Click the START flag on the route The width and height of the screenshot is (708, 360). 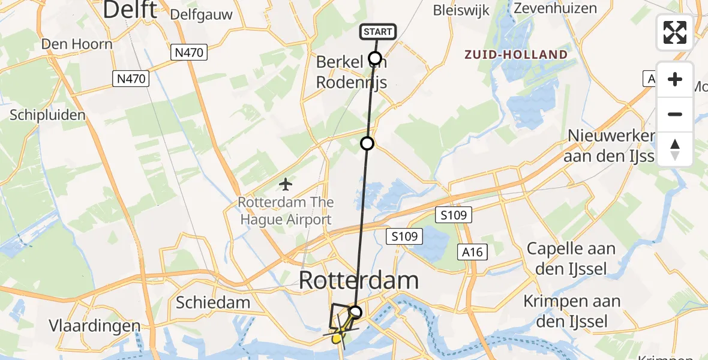click(x=378, y=32)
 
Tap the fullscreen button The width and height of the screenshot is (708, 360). click(x=675, y=32)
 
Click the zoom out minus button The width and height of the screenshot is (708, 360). click(x=675, y=114)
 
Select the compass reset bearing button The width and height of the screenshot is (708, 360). click(x=675, y=149)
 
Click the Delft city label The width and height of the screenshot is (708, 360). click(x=130, y=10)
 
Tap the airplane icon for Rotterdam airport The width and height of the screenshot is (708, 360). click(x=286, y=183)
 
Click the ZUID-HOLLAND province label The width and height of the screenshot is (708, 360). click(x=516, y=55)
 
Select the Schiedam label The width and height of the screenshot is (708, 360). click(x=212, y=302)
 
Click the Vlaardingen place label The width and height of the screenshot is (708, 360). click(x=95, y=326)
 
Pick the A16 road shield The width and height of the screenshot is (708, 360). click(x=472, y=252)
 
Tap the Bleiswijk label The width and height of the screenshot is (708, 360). click(x=461, y=10)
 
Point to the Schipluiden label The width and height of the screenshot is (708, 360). click(x=48, y=115)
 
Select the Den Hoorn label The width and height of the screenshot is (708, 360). click(x=76, y=44)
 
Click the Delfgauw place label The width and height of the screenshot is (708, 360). click(x=201, y=14)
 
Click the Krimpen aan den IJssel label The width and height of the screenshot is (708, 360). click(x=566, y=311)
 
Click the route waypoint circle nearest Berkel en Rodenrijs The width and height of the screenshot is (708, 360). click(x=375, y=58)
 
